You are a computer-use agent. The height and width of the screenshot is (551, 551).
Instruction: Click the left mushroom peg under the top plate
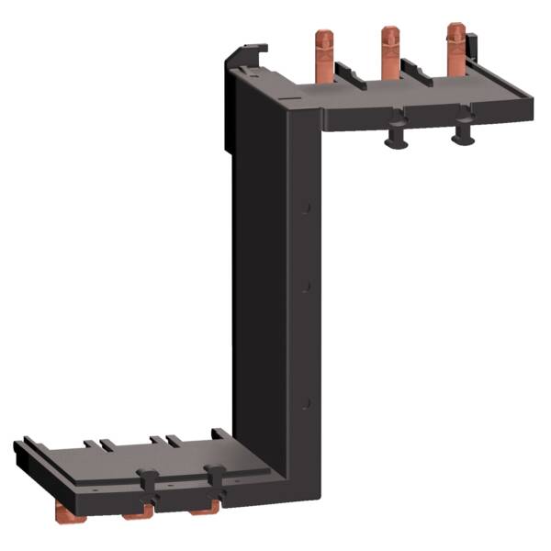[395, 135]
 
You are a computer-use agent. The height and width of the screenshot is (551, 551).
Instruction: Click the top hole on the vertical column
[309, 208]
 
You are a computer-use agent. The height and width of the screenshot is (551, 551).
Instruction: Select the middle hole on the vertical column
[309, 287]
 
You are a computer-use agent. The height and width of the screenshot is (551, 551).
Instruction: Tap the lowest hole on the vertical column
[309, 402]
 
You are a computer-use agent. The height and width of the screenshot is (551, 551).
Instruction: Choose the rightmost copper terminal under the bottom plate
[204, 506]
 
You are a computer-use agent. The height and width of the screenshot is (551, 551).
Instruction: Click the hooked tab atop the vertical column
[247, 53]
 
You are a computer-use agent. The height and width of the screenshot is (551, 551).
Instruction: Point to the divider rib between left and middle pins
[350, 75]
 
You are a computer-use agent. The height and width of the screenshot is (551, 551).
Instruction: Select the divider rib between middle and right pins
[416, 73]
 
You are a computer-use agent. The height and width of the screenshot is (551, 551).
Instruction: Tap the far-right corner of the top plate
[530, 96]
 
